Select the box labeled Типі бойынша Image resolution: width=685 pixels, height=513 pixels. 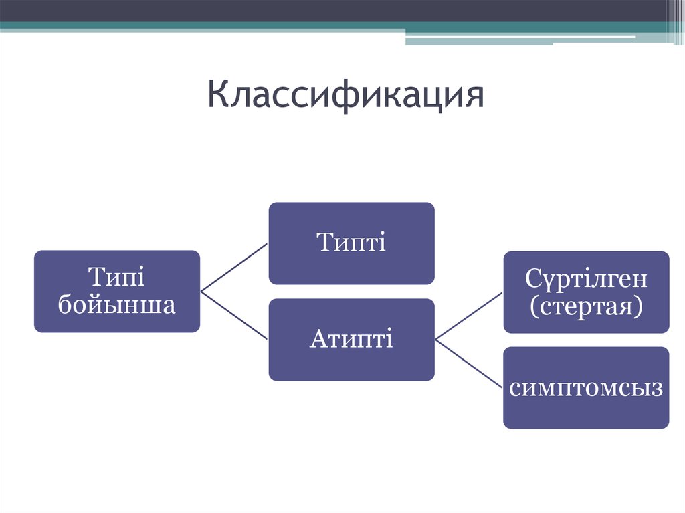click(x=117, y=291)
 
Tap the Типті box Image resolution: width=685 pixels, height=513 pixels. click(x=351, y=243)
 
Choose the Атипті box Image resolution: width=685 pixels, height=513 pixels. click(x=351, y=339)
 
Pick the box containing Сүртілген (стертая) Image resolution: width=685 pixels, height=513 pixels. click(x=586, y=292)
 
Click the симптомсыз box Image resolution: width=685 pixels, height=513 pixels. click(x=586, y=388)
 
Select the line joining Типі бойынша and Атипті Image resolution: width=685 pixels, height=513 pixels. click(x=234, y=316)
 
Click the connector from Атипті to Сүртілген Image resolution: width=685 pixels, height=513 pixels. click(x=469, y=316)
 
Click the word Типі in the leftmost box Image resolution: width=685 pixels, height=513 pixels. click(x=117, y=276)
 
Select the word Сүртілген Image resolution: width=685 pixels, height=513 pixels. click(x=586, y=277)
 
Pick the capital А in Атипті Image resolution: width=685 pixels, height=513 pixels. click(x=318, y=339)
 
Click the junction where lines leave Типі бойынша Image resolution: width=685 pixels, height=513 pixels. click(x=201, y=292)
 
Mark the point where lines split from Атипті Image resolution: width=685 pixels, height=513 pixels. click(x=436, y=340)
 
